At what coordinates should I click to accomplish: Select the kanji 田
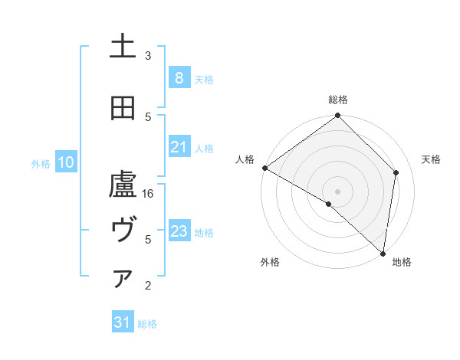click(x=123, y=109)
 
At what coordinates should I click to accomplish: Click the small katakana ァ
click(x=123, y=278)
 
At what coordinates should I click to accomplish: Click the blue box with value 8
click(x=179, y=77)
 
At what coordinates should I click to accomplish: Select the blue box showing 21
click(x=179, y=147)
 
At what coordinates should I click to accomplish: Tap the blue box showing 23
click(x=179, y=231)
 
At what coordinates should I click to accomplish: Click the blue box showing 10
click(x=65, y=162)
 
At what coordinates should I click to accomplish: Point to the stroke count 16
click(x=149, y=194)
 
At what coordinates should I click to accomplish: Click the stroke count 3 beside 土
click(x=148, y=56)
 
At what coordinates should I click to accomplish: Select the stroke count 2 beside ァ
click(x=148, y=286)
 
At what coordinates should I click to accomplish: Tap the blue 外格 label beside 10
click(x=41, y=163)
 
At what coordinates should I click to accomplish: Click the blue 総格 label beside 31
click(x=147, y=323)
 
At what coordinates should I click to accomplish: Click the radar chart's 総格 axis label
click(x=338, y=100)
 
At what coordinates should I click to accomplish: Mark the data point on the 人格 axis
click(x=264, y=168)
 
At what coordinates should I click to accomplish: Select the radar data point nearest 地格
click(x=383, y=254)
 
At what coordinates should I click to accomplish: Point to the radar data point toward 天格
click(x=396, y=172)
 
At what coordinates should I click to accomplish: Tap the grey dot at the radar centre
click(x=337, y=191)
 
